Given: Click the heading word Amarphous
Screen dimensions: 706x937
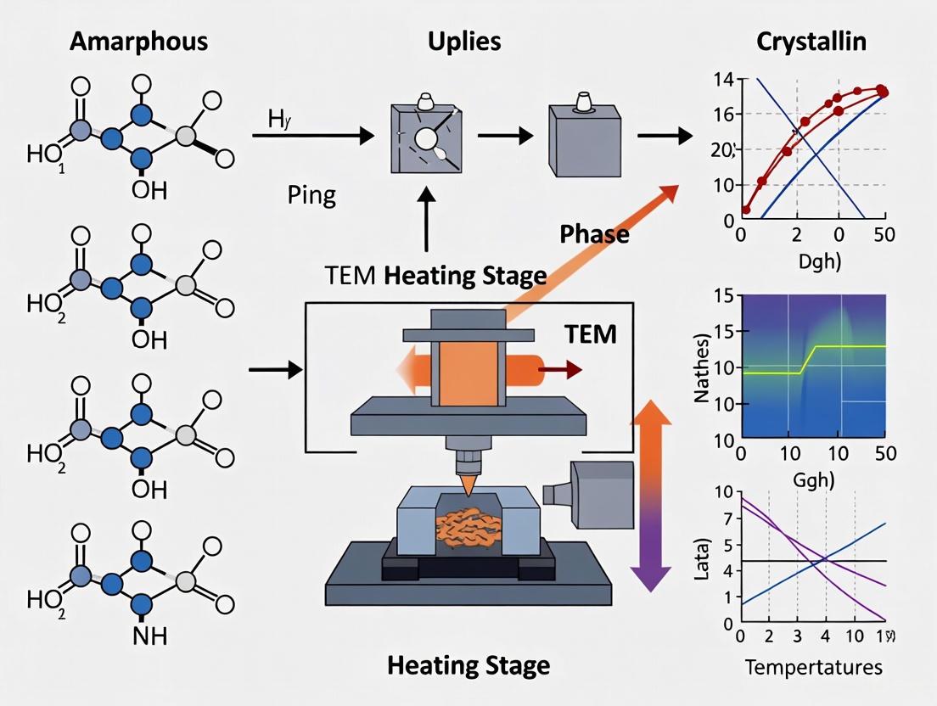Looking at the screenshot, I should [140, 42].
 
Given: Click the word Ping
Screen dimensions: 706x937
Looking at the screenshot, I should [312, 196].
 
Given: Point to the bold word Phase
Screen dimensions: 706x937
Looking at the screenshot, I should [594, 234].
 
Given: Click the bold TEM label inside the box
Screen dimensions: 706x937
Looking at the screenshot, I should [590, 334].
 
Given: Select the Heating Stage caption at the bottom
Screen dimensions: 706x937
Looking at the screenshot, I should [468, 664].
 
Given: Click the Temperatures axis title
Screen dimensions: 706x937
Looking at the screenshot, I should [814, 668].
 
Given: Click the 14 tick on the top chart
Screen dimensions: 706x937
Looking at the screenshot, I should [724, 81].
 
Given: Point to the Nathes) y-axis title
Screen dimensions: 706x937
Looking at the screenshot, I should [704, 369].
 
